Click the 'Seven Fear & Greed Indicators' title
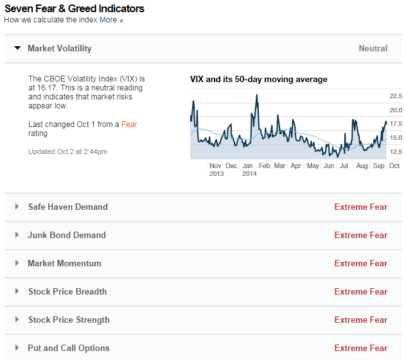[75, 8]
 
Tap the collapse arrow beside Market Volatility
[17, 48]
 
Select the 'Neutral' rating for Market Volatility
[373, 48]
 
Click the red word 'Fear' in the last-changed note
[129, 124]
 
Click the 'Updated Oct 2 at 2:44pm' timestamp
[67, 151]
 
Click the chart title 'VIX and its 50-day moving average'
[259, 80]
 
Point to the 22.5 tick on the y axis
[396, 96]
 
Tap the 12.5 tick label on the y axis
[396, 152]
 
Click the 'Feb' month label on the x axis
[264, 166]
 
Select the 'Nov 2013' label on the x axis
[216, 169]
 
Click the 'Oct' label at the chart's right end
[394, 166]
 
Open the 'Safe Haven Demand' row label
[67, 207]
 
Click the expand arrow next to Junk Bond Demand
[17, 235]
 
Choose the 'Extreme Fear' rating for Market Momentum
[360, 263]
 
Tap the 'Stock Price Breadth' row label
[67, 291]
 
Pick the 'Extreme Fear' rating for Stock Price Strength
[360, 320]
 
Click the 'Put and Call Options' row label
[69, 348]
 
